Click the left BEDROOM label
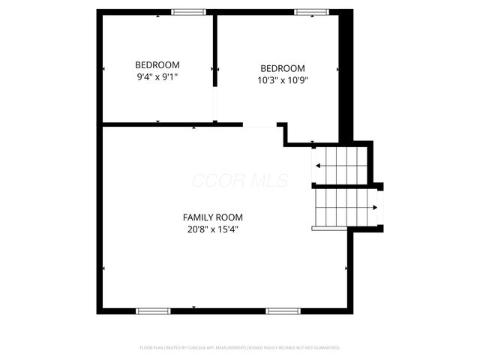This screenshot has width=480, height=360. (157, 65)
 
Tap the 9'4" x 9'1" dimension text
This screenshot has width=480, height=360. (157, 77)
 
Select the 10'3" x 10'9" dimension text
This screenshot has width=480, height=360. (283, 79)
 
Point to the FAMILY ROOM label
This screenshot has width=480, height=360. (213, 217)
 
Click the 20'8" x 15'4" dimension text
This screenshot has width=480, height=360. (213, 229)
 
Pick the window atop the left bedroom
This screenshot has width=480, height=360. (189, 12)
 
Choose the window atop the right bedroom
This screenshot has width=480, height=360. (310, 12)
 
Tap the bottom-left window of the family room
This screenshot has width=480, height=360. (153, 310)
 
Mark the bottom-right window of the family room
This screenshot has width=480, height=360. (283, 310)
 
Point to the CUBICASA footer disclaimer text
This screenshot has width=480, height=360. (240, 348)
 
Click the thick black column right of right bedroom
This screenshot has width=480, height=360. (346, 75)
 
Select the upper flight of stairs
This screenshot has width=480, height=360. (340, 165)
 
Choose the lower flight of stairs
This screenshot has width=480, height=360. (344, 207)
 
